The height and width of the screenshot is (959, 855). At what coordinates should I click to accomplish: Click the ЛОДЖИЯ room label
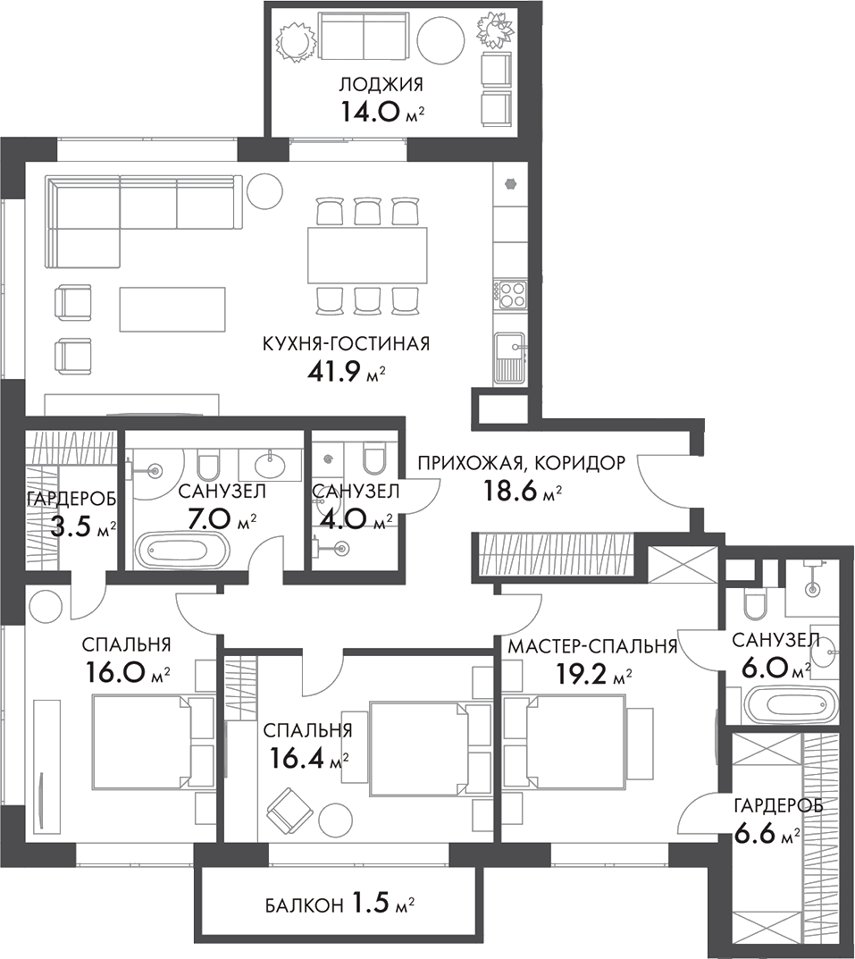coord(380,85)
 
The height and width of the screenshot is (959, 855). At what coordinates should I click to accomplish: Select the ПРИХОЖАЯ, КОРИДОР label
coord(522,463)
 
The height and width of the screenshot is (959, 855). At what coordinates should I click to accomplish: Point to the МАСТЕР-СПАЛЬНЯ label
coord(591,646)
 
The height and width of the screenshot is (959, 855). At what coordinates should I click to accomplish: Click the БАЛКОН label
coord(303,905)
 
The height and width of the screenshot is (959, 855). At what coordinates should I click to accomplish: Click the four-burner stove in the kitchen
coord(511,294)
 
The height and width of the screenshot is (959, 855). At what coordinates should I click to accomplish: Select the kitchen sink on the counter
coord(511,353)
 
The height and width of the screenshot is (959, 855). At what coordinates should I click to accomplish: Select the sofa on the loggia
coord(363,40)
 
